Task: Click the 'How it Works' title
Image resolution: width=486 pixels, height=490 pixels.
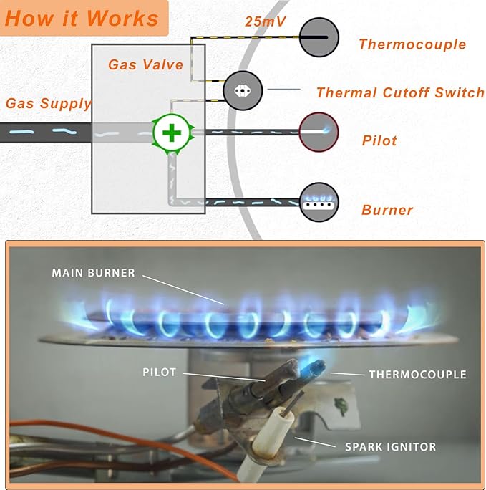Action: click(81, 18)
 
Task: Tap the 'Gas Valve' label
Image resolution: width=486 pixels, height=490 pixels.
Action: click(146, 65)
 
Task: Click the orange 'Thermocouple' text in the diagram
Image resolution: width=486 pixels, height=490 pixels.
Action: click(412, 45)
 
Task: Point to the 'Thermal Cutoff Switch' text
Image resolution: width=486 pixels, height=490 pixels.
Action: click(400, 93)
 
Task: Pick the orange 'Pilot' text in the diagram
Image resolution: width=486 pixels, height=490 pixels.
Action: click(379, 140)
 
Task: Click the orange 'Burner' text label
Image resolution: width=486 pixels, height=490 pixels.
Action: click(387, 211)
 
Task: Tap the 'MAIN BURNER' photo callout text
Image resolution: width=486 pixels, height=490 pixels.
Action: click(92, 273)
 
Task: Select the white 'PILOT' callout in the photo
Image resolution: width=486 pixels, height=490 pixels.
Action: click(159, 373)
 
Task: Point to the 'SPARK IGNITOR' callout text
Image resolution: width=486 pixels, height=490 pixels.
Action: click(390, 447)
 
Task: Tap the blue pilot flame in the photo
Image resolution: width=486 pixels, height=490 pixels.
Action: click(312, 367)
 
